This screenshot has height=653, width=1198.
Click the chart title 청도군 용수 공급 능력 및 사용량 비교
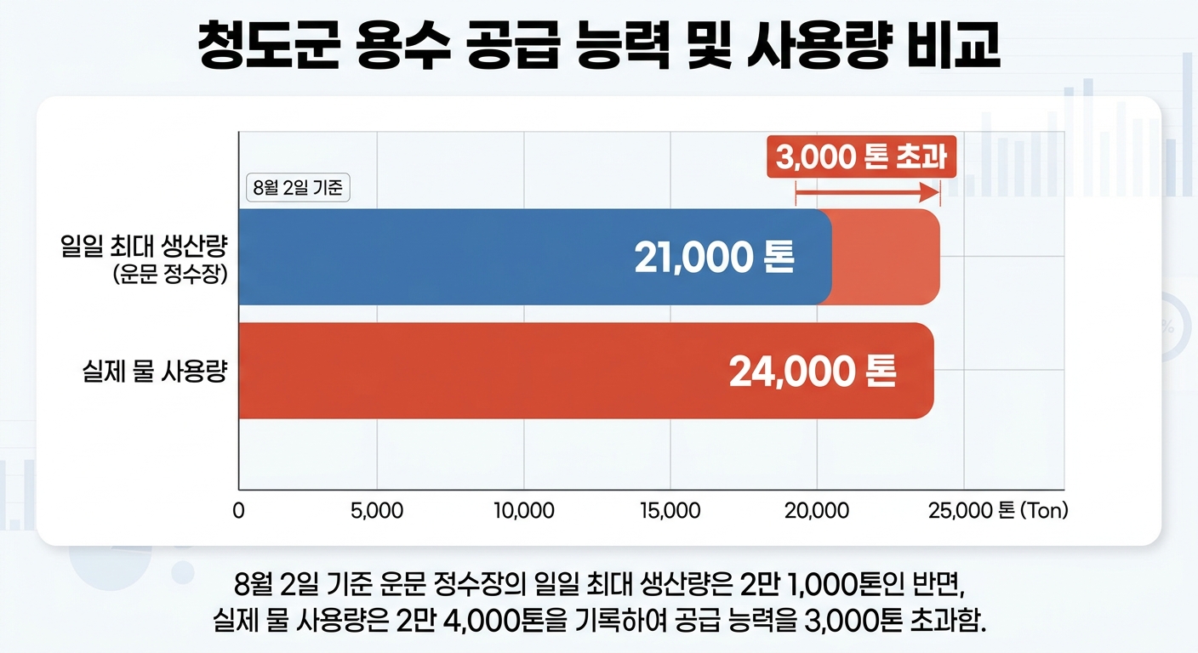pos(599,45)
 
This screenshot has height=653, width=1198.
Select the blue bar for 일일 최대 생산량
pos(535,257)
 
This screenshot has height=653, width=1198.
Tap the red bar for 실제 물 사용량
pos(586,371)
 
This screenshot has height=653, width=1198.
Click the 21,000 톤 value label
pos(715,257)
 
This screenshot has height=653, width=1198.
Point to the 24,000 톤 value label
pos(813,372)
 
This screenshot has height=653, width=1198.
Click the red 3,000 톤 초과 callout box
pos(862,156)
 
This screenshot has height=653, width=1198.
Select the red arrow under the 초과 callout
pos(868,192)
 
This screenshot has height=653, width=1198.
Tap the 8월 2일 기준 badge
pos(298,188)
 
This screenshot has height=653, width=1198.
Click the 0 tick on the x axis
pos(238,511)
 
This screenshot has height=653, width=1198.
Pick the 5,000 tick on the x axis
pos(377,511)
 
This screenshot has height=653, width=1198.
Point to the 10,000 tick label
pos(523,511)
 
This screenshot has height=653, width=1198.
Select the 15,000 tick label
pos(670,511)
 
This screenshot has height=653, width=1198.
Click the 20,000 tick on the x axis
pos(817,511)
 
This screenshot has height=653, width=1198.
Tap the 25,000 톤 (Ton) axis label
pos(998,511)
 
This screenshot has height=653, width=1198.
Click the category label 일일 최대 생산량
pos(144,246)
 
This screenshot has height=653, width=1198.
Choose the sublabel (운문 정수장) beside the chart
pos(171,275)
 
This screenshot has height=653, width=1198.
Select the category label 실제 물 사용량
pos(155,371)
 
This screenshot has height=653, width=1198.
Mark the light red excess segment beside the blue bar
pos(887,257)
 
